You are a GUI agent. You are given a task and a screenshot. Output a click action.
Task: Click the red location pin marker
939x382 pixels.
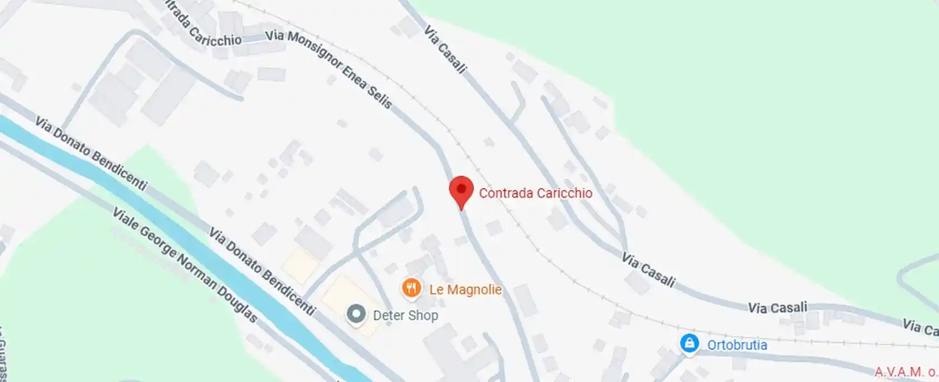[461, 190]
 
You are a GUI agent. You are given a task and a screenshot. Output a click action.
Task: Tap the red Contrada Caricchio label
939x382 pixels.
[535, 193]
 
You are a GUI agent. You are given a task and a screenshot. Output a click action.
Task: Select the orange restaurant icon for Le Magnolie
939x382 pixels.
[411, 289]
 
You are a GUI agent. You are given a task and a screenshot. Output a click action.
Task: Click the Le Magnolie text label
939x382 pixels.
[465, 290]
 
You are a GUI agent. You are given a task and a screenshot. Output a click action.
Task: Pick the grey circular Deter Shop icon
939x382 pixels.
[356, 314]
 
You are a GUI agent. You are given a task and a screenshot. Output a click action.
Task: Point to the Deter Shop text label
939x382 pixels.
[405, 315]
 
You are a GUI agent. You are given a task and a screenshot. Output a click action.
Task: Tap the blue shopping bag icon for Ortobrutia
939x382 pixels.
[689, 343]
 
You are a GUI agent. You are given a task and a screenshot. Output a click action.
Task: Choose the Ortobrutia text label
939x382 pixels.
[737, 345]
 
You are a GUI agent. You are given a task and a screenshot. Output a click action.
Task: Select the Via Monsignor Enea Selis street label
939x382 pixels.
[329, 68]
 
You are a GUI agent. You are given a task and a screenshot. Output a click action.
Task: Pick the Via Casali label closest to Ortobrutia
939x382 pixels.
[777, 308]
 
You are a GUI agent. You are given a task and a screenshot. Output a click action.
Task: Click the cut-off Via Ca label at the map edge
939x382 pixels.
[920, 327]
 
